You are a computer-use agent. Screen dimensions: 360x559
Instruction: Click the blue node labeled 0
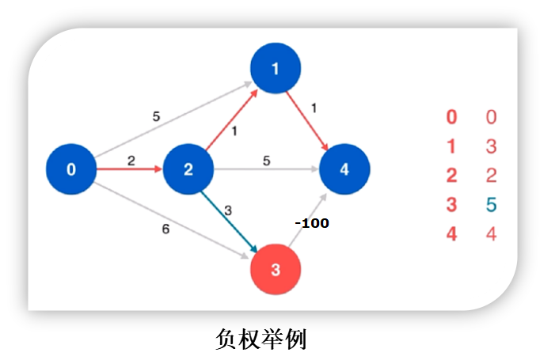tap(71, 169)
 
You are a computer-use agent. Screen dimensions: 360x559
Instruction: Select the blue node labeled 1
tap(275, 68)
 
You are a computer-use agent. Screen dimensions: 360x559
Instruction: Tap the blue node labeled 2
tap(188, 169)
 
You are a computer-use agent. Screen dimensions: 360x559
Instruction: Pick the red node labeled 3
tap(276, 270)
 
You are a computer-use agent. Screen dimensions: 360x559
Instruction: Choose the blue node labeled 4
tap(344, 169)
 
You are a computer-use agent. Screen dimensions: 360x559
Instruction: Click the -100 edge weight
tap(311, 223)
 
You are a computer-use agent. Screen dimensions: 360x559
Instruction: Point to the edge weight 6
tap(165, 229)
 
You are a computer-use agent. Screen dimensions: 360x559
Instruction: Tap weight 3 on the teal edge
tap(228, 210)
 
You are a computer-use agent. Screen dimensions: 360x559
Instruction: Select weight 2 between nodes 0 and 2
tap(131, 161)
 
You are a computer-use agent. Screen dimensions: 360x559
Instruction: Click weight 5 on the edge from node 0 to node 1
tap(156, 116)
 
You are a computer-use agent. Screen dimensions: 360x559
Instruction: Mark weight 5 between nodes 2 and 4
tap(266, 161)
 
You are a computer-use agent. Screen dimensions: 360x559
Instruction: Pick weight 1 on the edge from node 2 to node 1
tap(234, 131)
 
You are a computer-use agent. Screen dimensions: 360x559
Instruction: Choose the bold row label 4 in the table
tap(451, 234)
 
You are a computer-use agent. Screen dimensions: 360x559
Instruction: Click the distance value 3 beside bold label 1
tap(491, 146)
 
